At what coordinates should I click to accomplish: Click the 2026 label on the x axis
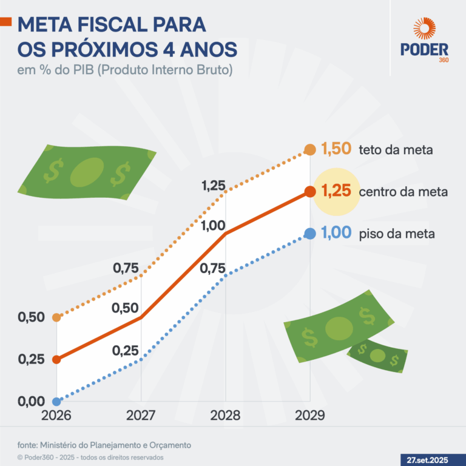(x=56, y=416)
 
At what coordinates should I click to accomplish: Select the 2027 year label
(x=141, y=416)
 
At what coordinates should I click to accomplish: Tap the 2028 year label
(x=225, y=416)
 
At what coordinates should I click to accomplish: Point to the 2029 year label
(x=309, y=416)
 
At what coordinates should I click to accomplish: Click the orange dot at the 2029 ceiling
(x=309, y=149)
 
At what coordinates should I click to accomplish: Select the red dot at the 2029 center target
(x=309, y=192)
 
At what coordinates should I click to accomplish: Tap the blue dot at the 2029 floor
(x=309, y=234)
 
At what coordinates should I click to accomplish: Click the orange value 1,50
(x=336, y=149)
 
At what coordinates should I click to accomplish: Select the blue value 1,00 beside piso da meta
(x=336, y=234)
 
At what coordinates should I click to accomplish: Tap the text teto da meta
(x=396, y=150)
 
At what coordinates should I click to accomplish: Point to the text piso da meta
(x=397, y=234)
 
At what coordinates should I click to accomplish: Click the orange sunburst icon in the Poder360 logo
(x=424, y=29)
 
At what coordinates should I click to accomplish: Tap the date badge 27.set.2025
(x=431, y=458)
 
